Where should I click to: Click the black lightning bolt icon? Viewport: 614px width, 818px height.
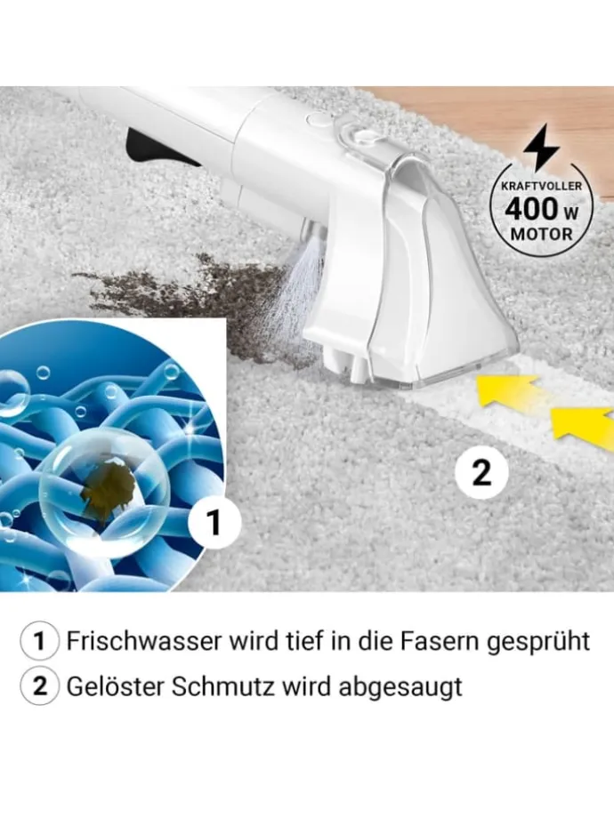click(541, 148)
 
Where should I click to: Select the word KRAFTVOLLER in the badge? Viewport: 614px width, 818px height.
click(541, 186)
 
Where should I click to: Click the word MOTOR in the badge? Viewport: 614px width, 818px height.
click(541, 233)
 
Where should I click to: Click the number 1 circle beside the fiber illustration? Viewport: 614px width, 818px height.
click(214, 521)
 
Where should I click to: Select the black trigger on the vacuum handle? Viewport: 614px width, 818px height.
click(156, 148)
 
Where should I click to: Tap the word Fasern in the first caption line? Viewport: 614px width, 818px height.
click(439, 641)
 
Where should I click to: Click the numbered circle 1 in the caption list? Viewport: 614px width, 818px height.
click(40, 642)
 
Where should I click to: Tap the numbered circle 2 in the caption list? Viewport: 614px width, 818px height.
click(40, 687)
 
